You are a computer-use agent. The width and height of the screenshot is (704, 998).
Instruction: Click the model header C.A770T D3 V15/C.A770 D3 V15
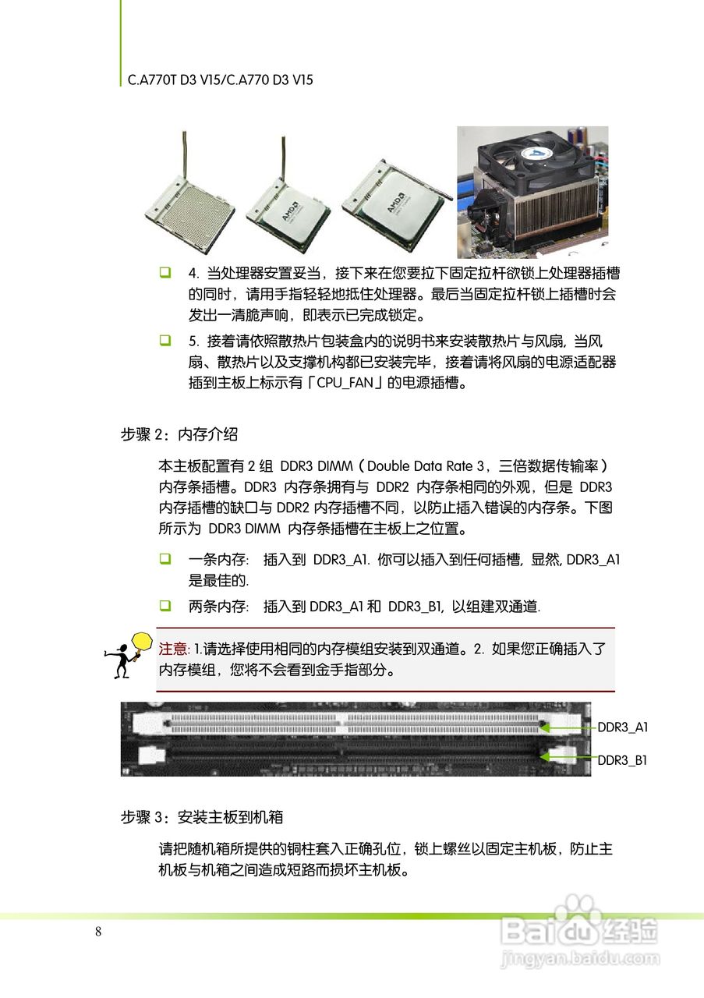click(221, 80)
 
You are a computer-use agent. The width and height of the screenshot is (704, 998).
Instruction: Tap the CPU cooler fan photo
click(532, 191)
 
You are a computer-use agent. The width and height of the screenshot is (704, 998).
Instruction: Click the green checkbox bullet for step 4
click(165, 274)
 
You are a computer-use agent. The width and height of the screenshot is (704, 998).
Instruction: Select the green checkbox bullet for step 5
click(165, 341)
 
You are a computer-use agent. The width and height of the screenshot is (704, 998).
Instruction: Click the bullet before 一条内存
click(165, 559)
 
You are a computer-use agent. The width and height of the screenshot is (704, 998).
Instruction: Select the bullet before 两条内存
click(165, 606)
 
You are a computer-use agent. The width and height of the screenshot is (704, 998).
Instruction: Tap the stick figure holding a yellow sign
click(126, 655)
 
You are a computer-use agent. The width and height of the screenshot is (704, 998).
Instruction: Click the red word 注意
click(173, 649)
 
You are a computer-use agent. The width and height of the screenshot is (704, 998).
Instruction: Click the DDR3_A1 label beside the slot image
click(623, 727)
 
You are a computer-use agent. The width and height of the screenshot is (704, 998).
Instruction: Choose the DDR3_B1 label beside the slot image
click(623, 760)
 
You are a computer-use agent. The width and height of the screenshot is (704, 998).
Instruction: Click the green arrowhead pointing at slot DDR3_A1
click(544, 726)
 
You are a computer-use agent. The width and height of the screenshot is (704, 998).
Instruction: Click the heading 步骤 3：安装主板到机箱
click(201, 817)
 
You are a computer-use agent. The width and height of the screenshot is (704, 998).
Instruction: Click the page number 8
click(97, 932)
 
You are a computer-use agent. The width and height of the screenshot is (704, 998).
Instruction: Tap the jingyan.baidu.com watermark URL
click(580, 957)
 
